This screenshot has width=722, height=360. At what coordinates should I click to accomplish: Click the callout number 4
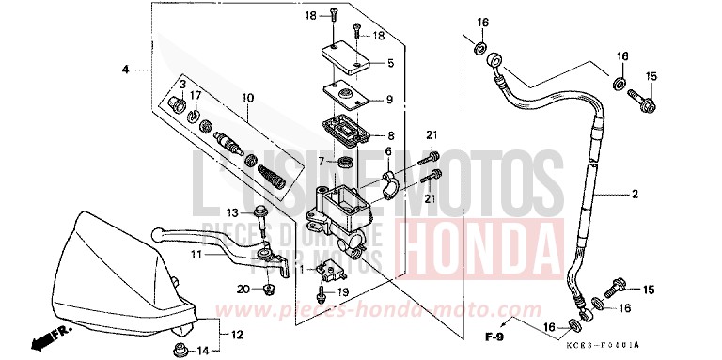point(125,70)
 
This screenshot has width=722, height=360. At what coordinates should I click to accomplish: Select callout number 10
point(247,98)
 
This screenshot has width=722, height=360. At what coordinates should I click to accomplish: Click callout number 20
point(243,288)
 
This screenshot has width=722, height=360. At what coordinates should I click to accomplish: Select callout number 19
point(343,292)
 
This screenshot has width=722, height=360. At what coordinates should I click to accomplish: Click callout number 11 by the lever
point(196,255)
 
